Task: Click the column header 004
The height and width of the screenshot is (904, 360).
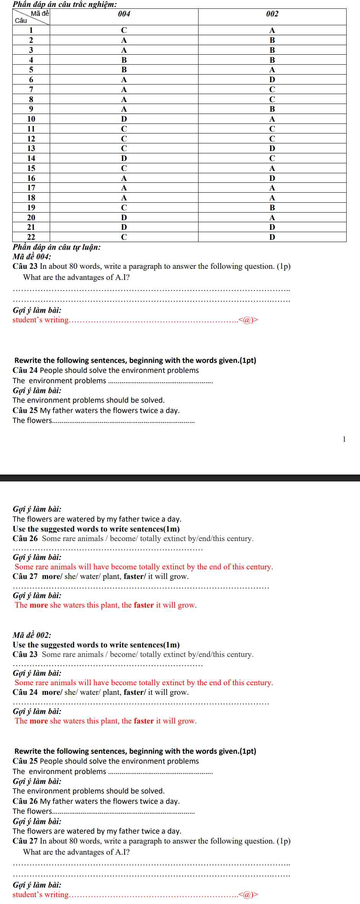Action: point(124,14)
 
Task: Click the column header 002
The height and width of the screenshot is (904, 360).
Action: point(272,14)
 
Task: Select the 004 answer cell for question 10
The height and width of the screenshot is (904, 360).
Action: point(124,119)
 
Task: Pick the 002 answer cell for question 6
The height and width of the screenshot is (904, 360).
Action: point(272,80)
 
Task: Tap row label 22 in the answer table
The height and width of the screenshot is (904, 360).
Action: point(31,237)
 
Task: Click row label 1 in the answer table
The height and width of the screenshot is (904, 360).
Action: point(31,30)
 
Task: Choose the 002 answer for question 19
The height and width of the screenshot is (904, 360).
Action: point(272,208)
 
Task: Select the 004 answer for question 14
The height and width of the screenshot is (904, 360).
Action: point(124,158)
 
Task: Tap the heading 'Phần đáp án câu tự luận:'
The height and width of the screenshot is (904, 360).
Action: point(57,247)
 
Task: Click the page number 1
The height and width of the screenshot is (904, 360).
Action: point(344,439)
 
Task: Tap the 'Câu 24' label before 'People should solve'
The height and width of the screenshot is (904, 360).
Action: point(25,370)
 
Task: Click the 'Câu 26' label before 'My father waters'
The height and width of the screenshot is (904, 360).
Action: point(25,801)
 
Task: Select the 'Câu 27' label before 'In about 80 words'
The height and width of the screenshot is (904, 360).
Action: point(25,841)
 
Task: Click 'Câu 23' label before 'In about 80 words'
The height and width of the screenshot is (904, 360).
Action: point(25,266)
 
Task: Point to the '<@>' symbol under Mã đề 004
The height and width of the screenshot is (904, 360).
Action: point(248,320)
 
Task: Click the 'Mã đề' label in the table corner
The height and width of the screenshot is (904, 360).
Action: point(40,14)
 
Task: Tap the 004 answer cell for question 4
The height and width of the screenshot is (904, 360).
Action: point(124,60)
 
